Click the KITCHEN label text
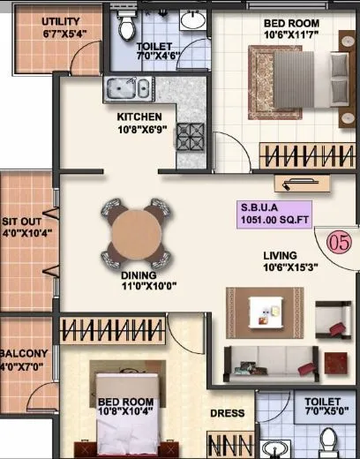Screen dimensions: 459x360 [x=140, y=117]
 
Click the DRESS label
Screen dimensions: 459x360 [x=228, y=412]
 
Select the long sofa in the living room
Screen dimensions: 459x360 [x=266, y=359]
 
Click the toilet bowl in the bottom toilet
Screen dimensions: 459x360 [x=328, y=440]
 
